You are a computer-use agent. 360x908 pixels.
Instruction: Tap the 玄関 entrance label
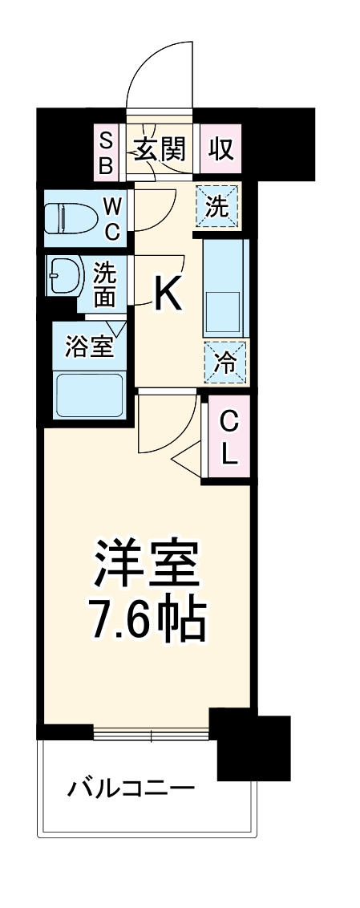159,149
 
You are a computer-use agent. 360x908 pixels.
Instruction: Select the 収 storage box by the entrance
220,149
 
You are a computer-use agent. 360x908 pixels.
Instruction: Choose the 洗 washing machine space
218,207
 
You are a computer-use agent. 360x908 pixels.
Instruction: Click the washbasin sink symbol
62,277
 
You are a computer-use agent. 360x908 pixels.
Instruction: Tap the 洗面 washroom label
105,285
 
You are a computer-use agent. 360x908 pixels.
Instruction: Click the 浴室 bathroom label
88,349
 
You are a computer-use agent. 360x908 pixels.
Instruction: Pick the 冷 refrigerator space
225,363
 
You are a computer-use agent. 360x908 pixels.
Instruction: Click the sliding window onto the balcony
152,733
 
